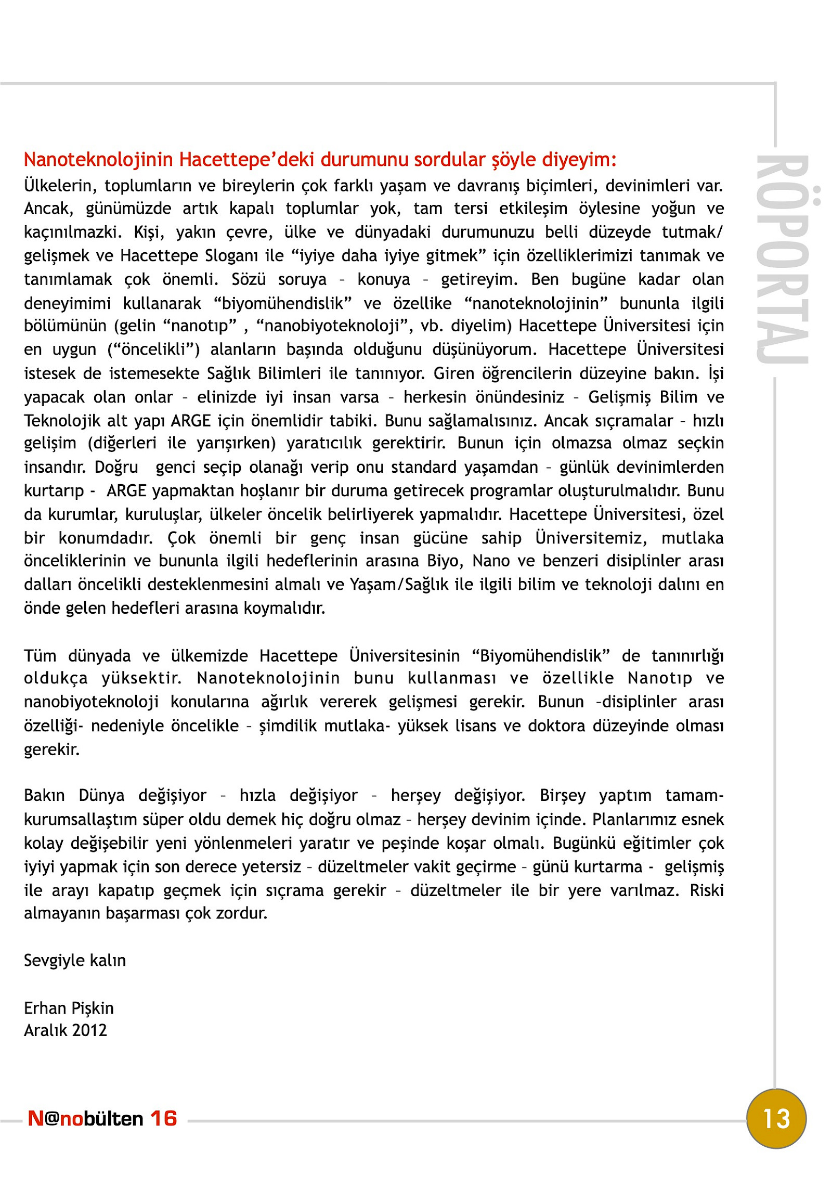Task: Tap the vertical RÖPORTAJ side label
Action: pos(783,259)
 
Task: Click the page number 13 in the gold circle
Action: pos(776,1119)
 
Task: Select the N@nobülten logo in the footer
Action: pos(85,1119)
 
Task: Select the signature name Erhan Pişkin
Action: pos(69,1008)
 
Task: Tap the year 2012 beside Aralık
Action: pos(90,1030)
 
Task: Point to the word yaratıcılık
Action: pos(324,443)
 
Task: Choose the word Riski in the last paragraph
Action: pos(707,890)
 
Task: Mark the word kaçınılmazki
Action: pos(72,232)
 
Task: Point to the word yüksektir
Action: pos(141,678)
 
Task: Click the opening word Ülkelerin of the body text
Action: pos(58,186)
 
